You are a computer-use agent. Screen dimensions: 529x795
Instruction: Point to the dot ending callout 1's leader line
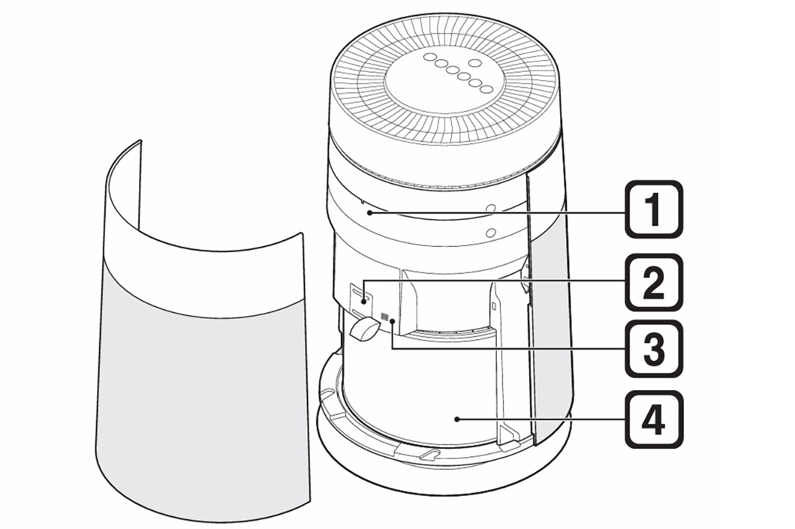tap(370, 213)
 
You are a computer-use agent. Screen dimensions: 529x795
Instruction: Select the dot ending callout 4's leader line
tap(457, 419)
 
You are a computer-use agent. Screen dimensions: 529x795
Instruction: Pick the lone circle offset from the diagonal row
tap(475, 62)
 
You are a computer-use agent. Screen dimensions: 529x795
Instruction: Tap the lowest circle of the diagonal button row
tap(488, 89)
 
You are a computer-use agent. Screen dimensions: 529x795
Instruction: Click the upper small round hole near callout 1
tap(491, 209)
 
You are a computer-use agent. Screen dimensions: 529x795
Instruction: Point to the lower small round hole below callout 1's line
tap(491, 233)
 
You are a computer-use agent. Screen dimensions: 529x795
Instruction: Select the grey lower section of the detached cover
tap(199, 385)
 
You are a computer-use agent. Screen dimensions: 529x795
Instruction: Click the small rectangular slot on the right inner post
tap(494, 306)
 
